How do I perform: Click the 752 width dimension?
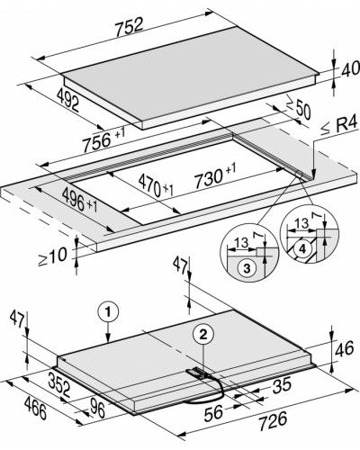click(x=130, y=27)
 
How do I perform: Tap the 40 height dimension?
click(x=350, y=69)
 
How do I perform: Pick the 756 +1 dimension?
click(x=103, y=139)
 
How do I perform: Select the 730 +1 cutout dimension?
click(x=215, y=177)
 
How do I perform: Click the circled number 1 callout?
click(x=108, y=312)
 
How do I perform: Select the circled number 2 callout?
click(x=203, y=335)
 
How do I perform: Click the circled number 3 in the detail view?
click(x=247, y=268)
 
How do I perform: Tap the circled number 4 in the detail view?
click(x=302, y=248)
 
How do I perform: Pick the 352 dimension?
click(x=59, y=385)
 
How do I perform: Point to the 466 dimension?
click(x=35, y=408)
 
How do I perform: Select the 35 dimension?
click(x=282, y=385)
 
